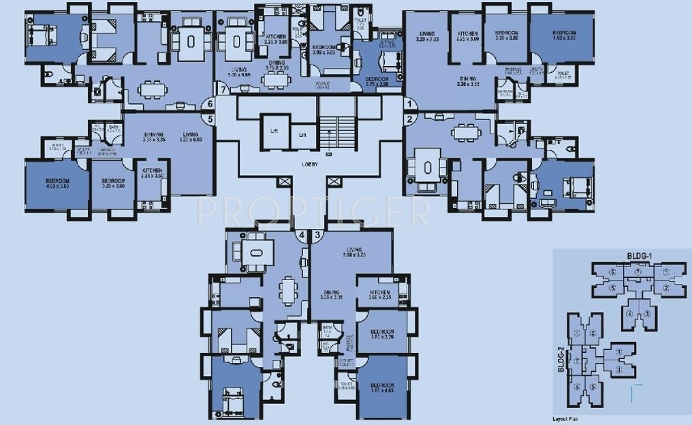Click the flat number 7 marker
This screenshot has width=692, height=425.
(x=222, y=89)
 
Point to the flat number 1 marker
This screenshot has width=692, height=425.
(x=410, y=104)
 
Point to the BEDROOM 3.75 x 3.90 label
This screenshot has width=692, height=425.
(x=376, y=82)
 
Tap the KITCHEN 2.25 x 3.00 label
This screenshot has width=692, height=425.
(x=467, y=37)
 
